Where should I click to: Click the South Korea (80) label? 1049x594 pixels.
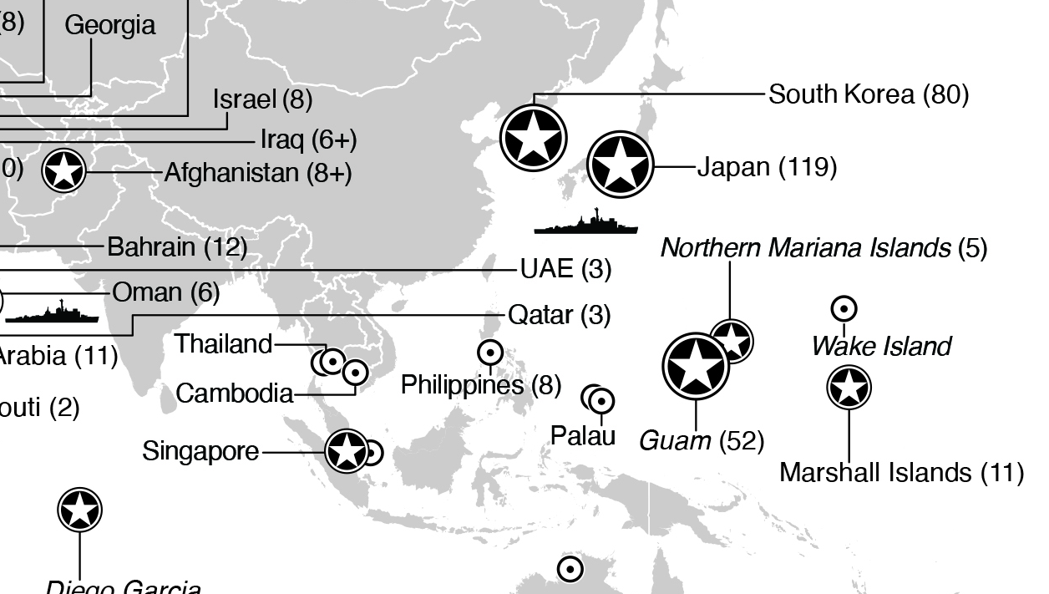click(868, 94)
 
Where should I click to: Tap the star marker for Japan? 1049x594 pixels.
click(620, 165)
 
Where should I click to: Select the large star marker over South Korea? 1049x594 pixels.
click(533, 138)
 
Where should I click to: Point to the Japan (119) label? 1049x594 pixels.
click(766, 167)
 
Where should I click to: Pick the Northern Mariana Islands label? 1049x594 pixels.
click(823, 248)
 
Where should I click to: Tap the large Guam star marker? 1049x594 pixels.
click(696, 366)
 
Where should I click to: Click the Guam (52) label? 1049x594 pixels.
click(702, 439)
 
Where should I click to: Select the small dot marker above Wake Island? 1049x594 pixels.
click(844, 309)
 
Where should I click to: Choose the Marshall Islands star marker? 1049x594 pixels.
click(849, 388)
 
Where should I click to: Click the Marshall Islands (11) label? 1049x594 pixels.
click(901, 473)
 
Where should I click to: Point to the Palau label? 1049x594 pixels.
click(583, 435)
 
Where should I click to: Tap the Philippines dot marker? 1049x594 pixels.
click(489, 353)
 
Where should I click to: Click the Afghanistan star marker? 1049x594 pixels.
click(63, 171)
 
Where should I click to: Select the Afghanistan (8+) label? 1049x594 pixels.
click(257, 173)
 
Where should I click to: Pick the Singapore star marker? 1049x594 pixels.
click(347, 451)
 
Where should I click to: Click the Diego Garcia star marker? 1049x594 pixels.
click(80, 510)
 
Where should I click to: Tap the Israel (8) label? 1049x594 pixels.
click(262, 99)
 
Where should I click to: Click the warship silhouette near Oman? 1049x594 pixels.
click(52, 314)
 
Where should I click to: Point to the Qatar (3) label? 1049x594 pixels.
click(559, 315)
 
